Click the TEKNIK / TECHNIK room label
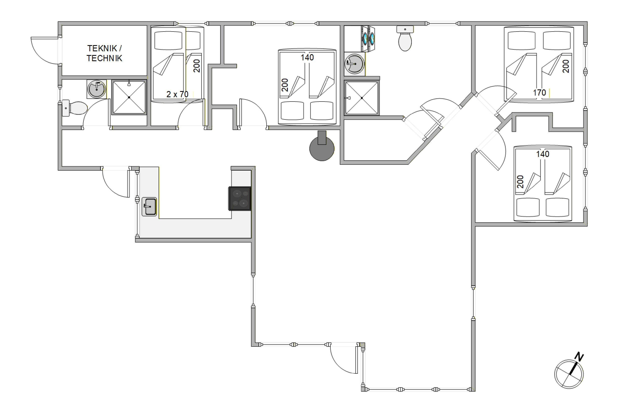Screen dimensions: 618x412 click(x=104, y=53)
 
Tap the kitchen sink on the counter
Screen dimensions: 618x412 click(x=149, y=207)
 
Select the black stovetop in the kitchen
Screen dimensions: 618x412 click(x=240, y=199)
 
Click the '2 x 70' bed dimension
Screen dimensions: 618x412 click(x=177, y=94)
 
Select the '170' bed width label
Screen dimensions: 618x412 click(x=540, y=93)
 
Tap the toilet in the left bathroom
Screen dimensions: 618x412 click(x=74, y=108)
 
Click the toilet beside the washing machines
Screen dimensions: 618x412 click(x=405, y=38)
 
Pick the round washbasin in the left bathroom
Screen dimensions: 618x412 click(x=97, y=89)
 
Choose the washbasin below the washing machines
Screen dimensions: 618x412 click(x=355, y=64)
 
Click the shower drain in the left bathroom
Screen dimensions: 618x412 click(x=129, y=97)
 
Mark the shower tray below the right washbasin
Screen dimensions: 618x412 click(x=362, y=98)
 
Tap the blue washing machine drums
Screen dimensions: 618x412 click(x=369, y=38)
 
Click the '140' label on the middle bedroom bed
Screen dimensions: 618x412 click(x=307, y=57)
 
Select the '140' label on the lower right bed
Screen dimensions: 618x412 click(x=543, y=154)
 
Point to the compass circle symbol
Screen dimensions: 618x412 click(x=569, y=374)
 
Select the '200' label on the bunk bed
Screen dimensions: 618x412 click(x=197, y=66)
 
